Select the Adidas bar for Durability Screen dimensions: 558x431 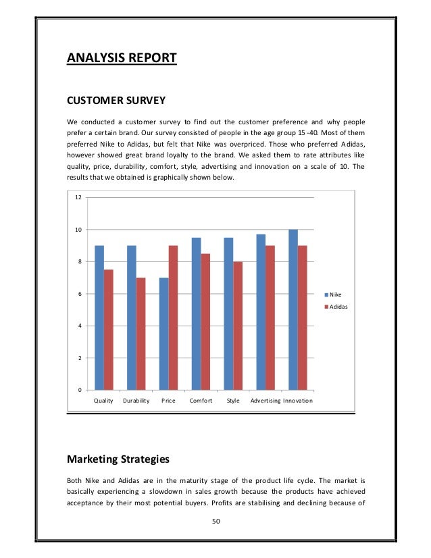[x=141, y=334]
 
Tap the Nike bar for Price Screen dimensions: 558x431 [x=164, y=334]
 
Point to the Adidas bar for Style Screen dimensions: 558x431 [x=237, y=326]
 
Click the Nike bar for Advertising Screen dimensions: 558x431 [x=261, y=312]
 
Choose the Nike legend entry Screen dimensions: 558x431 [x=334, y=295]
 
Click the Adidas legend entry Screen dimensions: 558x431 [x=336, y=307]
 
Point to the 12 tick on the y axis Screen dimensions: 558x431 [x=78, y=198]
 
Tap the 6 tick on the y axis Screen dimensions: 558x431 [x=80, y=294]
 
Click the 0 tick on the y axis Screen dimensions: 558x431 [x=80, y=390]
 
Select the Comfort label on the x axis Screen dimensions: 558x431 [x=201, y=401]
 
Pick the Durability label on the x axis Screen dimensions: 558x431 [x=136, y=401]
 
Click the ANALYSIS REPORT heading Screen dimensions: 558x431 [x=122, y=58]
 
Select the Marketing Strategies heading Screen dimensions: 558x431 [x=118, y=460]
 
